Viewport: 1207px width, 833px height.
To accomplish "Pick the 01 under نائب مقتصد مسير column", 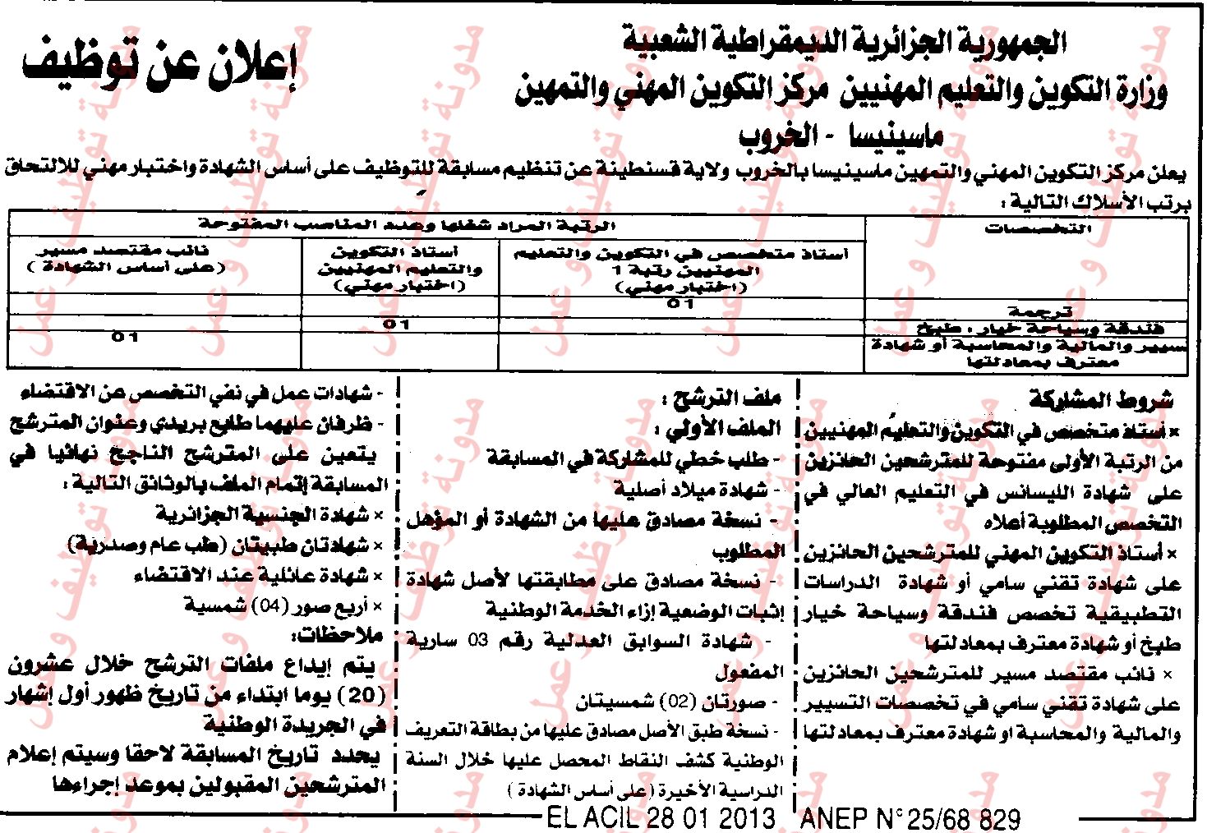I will pyautogui.click(x=125, y=337).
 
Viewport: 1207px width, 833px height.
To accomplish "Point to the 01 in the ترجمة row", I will pyautogui.click(x=680, y=304).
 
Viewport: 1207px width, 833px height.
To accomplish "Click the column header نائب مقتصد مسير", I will pyautogui.click(x=123, y=251).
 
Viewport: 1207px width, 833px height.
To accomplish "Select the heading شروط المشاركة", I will pyautogui.click(x=1101, y=399).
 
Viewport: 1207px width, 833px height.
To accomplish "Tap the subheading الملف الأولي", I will pyautogui.click(x=718, y=428).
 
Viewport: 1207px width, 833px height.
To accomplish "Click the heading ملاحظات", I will pyautogui.click(x=337, y=636).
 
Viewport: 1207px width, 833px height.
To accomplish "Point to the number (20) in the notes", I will pyautogui.click(x=362, y=695).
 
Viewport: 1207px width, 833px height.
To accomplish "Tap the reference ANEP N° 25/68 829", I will pyautogui.click(x=910, y=818).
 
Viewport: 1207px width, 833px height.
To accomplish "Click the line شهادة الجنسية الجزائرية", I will pyautogui.click(x=263, y=515).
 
